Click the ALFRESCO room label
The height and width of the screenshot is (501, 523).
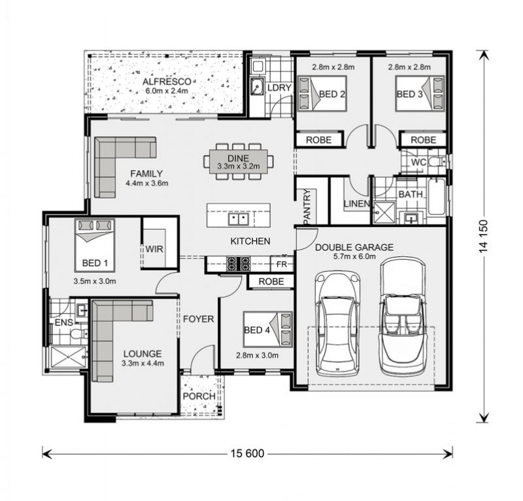[167, 82]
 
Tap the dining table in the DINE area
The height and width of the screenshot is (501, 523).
[238, 162]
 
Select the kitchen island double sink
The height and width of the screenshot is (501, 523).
[239, 219]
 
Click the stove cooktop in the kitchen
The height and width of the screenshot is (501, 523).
[238, 263]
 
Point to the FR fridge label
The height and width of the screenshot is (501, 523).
[282, 264]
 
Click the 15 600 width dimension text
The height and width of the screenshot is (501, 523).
[247, 453]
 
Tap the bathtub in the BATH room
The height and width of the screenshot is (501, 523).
[437, 197]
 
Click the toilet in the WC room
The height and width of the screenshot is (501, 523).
[437, 162]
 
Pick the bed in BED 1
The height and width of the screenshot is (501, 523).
[95, 245]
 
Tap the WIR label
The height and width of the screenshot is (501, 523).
[154, 249]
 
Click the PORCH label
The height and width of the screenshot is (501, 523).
[199, 396]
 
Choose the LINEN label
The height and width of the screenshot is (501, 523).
[356, 203]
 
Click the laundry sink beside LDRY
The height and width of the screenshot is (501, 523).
[257, 87]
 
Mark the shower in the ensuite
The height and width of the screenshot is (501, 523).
[69, 357]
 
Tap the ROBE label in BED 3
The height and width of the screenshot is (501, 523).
[423, 140]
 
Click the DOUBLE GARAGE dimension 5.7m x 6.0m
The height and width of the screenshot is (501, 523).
[354, 256]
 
